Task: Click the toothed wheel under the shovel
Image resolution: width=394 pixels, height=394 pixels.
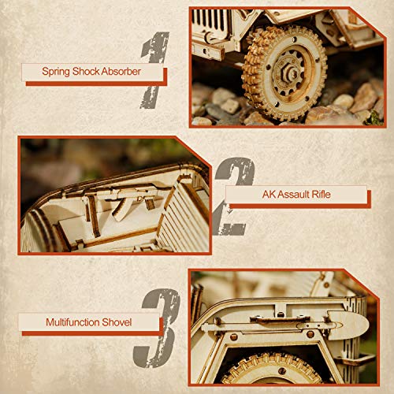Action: tap(284, 370)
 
